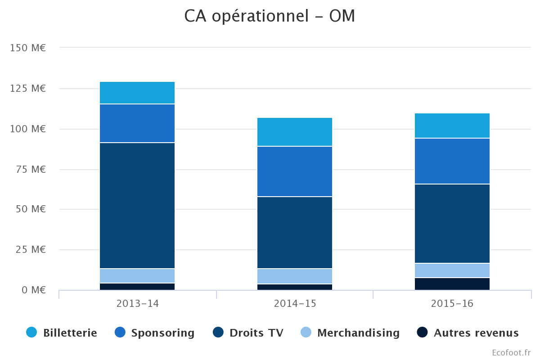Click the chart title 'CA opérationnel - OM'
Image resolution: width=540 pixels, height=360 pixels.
click(x=270, y=16)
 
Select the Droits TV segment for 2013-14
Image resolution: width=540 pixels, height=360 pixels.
click(x=137, y=205)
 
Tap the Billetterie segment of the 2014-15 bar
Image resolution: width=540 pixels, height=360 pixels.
click(x=295, y=132)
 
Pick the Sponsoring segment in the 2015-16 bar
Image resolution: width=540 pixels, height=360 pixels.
click(x=452, y=161)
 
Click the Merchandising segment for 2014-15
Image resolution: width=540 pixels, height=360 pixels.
click(x=295, y=276)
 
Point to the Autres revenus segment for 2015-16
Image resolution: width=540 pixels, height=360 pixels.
click(x=452, y=284)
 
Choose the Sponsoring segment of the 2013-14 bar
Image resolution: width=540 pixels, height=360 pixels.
click(x=137, y=123)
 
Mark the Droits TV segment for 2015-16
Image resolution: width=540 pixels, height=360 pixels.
click(x=452, y=224)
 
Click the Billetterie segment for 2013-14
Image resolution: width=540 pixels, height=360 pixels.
click(x=137, y=93)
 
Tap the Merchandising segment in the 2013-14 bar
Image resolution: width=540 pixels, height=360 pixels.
click(x=137, y=276)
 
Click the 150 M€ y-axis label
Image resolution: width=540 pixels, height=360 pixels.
click(x=28, y=48)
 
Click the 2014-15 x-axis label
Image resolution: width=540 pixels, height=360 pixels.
click(x=295, y=303)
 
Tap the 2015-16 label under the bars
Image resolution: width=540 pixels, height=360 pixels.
click(x=452, y=303)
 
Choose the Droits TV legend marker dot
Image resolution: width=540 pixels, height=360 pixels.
click(x=218, y=333)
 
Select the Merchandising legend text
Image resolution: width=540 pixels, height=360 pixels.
click(x=358, y=333)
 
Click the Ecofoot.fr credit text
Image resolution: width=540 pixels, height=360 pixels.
click(x=511, y=352)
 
